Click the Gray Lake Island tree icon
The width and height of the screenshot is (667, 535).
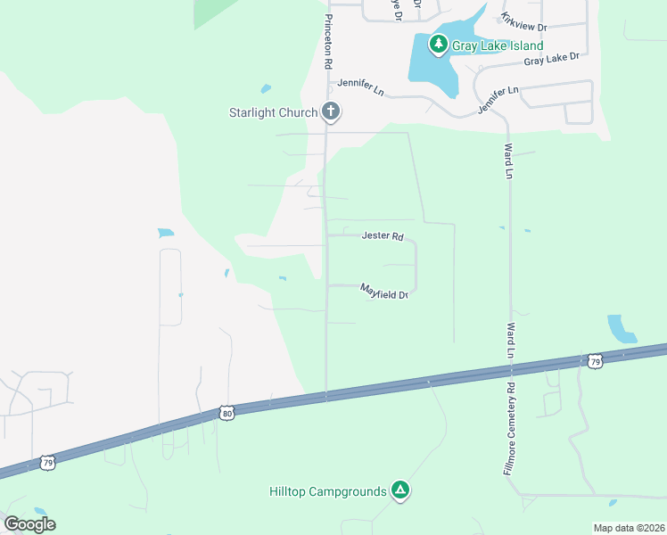tap(438, 44)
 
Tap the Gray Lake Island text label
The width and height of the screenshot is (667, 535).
tap(496, 45)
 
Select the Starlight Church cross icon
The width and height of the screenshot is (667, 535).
tap(331, 112)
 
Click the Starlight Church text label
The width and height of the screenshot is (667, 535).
tap(274, 112)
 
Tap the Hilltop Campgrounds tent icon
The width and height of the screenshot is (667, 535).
tap(401, 490)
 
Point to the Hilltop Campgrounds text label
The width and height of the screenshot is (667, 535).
tap(328, 491)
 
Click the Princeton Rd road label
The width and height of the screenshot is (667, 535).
tap(328, 42)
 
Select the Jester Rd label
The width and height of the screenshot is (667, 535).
tap(383, 236)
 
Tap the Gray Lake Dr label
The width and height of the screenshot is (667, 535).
tap(551, 59)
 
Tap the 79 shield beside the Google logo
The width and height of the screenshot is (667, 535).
tap(47, 463)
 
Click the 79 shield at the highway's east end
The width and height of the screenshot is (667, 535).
tap(596, 360)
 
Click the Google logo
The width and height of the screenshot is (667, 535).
tap(29, 524)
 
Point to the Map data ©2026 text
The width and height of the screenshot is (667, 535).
tap(630, 528)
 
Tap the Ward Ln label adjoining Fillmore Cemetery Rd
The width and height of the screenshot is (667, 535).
tap(512, 341)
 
